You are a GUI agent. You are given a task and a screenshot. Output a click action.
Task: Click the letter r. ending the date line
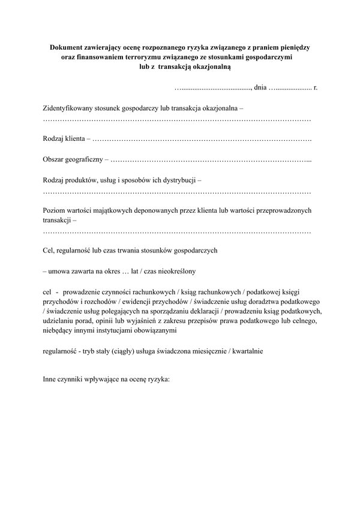(316, 88)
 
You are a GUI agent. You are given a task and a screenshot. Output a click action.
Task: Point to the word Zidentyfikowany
(70, 109)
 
